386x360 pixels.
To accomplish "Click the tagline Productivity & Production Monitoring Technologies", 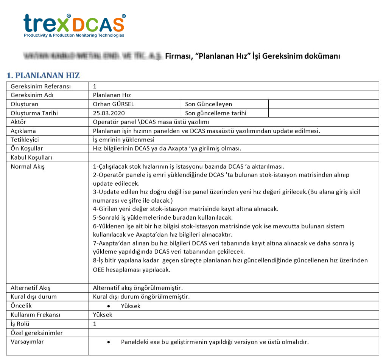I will point(74,36).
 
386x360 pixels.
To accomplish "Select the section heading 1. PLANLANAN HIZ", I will point(43,75).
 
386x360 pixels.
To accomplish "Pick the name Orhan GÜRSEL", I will point(114,104).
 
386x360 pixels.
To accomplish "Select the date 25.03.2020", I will point(109,113).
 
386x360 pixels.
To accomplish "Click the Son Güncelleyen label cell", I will point(209,104).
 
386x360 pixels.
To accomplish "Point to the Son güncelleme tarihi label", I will point(216,113).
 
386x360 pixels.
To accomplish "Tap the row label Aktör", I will point(18,122).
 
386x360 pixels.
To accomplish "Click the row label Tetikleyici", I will point(25,140).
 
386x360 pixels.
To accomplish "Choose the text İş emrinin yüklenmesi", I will point(124,140).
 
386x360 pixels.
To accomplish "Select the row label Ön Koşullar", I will point(27,148).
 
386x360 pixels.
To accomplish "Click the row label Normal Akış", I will point(28,166).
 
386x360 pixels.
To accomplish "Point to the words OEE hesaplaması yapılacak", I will point(131,270).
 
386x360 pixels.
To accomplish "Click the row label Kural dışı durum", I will point(34,296).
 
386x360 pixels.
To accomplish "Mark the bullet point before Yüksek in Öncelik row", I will point(109,306).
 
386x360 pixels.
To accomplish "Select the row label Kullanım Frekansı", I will point(36,315).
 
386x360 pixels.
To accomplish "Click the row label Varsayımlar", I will point(27,342).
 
